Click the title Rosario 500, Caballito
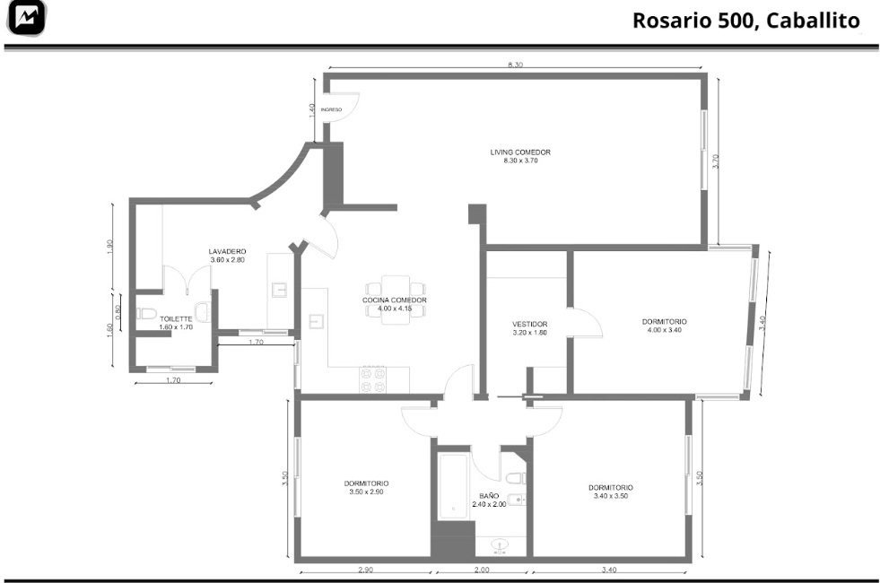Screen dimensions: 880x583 point(745,21)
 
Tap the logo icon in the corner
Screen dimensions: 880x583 point(27,18)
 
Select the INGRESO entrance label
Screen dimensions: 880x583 point(331,109)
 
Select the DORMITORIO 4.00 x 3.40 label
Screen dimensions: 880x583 point(665,326)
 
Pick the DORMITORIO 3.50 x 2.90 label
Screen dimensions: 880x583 point(366,488)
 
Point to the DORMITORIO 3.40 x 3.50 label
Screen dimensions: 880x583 point(611,492)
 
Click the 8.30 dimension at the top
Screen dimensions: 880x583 point(515,65)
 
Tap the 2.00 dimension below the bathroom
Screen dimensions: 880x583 point(482,570)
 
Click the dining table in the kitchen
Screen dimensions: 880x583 point(396,299)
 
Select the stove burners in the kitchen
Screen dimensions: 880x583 point(373,379)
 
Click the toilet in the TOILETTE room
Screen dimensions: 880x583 point(146,313)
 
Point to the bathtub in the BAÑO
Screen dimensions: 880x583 point(454,486)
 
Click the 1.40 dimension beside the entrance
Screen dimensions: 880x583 point(312,110)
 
